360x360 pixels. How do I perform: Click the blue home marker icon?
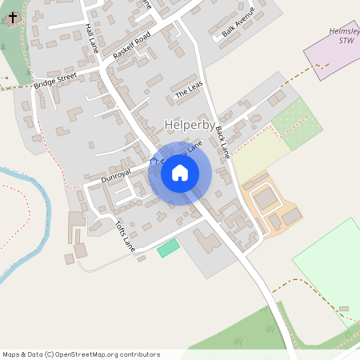coord(180,173)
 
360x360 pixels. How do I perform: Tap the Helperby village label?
coord(188,125)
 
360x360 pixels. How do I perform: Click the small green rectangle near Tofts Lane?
coord(168,247)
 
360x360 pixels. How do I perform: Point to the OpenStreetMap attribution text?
coord(81,354)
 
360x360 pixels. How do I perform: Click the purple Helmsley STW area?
coord(328,56)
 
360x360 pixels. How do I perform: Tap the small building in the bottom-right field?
coord(344,308)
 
